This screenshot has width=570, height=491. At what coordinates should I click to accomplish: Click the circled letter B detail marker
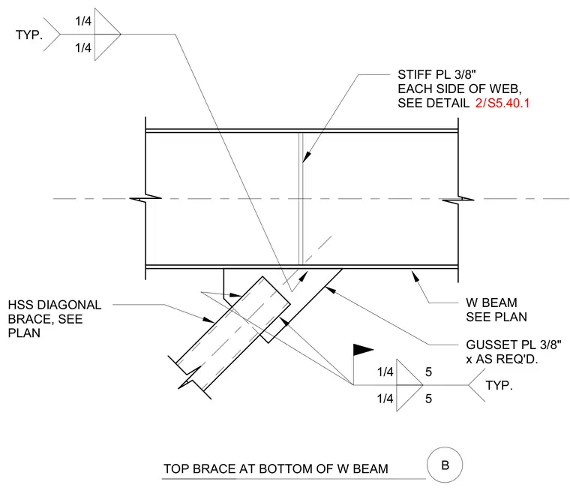point(445,465)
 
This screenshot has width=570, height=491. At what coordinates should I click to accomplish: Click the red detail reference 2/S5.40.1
point(502,104)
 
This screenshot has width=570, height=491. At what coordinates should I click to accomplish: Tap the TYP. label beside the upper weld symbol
point(29,35)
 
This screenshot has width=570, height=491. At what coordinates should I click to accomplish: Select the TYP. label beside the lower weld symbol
point(499,385)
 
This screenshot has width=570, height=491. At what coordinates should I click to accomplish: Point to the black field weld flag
point(363,349)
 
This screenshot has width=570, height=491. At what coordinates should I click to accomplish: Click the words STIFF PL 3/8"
point(436,74)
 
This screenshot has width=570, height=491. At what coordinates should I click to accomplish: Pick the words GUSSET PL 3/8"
point(513,345)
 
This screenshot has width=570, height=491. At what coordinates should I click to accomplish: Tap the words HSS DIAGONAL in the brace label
point(55,305)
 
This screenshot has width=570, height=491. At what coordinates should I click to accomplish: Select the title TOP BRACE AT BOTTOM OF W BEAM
point(276,468)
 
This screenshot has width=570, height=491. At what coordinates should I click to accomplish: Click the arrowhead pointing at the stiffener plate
point(307,156)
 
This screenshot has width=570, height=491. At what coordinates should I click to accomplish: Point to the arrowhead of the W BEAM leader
point(415,276)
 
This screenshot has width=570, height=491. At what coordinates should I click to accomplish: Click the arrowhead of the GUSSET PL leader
point(330,290)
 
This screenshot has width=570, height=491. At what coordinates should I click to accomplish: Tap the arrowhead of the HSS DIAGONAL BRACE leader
point(208,319)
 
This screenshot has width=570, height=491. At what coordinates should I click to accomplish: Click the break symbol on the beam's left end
point(145,198)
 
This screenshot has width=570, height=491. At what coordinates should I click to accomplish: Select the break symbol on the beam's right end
point(458,199)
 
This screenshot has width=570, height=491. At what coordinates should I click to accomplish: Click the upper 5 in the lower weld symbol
point(428,372)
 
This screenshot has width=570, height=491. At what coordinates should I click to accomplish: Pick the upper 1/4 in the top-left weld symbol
point(83,21)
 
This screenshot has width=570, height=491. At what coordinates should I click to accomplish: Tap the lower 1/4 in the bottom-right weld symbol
point(385,399)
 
